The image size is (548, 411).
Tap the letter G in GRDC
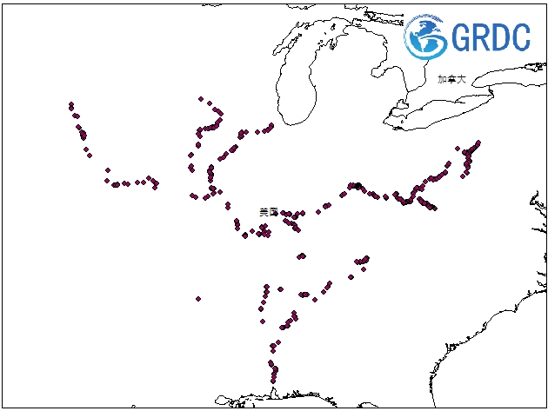(461, 36)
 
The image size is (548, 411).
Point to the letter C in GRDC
(520, 36)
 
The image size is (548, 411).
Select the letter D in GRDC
(500, 36)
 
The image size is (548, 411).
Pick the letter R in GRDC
(480, 36)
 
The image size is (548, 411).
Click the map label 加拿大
(451, 78)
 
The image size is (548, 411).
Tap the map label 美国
(269, 211)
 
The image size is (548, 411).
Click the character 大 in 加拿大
(461, 78)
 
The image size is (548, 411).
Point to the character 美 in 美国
(264, 211)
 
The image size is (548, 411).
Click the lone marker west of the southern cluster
(198, 298)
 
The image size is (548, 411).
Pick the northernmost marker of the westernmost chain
(70, 105)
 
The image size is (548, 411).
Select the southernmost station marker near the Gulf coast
(275, 381)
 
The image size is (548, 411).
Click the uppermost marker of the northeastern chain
(478, 143)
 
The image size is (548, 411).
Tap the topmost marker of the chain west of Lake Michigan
(201, 99)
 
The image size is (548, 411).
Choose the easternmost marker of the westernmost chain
(156, 184)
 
